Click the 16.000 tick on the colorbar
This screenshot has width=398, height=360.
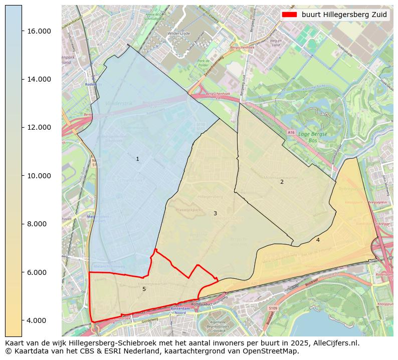(39, 31)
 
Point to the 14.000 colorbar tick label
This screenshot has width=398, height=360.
(39, 79)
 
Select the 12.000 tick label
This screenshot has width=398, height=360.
(39, 127)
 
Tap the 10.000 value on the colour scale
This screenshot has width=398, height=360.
(39, 176)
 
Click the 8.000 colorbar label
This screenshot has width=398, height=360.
(39, 224)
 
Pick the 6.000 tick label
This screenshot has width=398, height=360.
(39, 272)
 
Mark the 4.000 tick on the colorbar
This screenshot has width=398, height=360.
(39, 320)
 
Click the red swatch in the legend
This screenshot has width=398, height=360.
(289, 15)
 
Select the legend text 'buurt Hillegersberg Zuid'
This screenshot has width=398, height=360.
(344, 15)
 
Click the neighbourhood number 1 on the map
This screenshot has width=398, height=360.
(137, 159)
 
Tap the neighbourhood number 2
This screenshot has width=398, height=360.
(282, 182)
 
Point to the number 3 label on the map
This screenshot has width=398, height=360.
(215, 214)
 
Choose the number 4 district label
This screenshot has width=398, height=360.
(318, 240)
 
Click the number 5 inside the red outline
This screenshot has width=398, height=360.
(144, 289)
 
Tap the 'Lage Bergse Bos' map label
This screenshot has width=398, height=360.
(312, 137)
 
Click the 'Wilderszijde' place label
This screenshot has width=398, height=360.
(178, 34)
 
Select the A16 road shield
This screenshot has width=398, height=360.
(291, 132)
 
